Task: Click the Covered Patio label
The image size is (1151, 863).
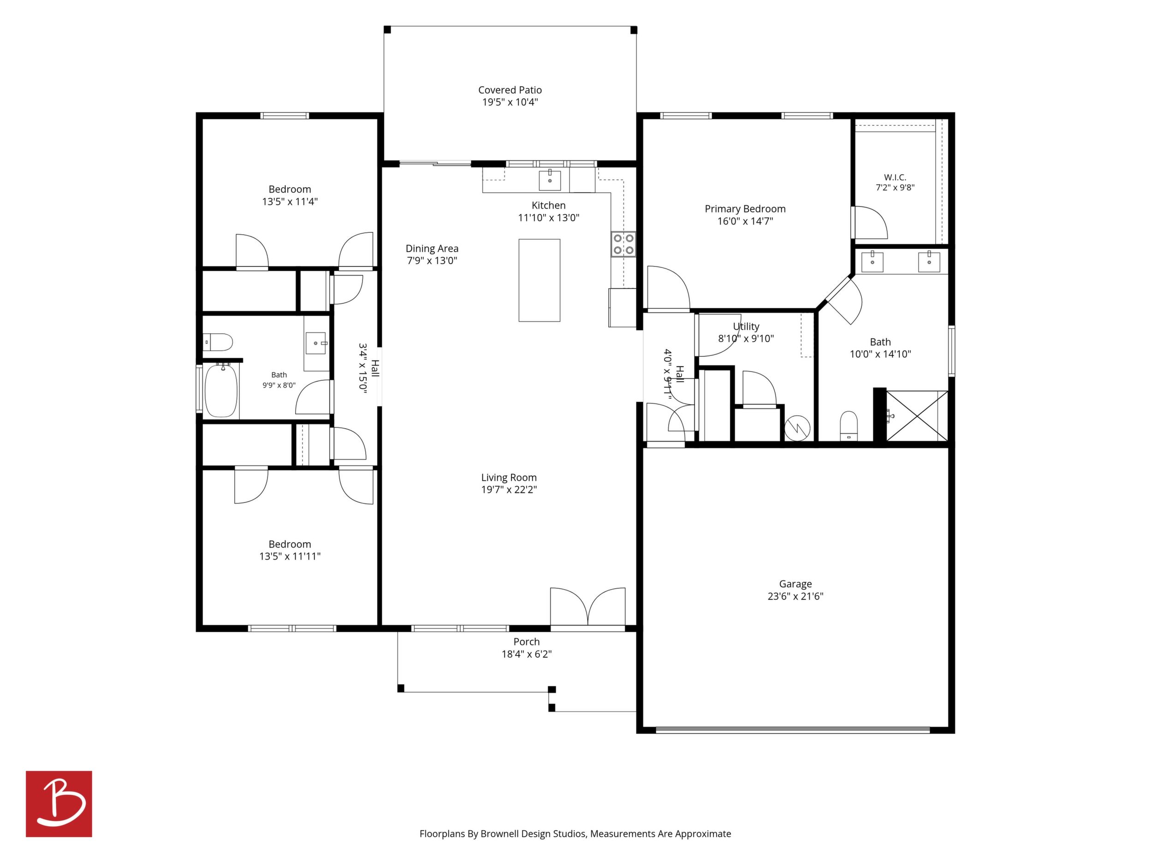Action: coord(510,90)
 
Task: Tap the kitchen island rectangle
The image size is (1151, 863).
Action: coord(539,280)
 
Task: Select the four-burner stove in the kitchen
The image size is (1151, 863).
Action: coord(623,244)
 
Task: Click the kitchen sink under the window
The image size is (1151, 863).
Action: coord(550,180)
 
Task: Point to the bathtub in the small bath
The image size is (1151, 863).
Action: coord(221,390)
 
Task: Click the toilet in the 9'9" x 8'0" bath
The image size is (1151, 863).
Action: coord(218,342)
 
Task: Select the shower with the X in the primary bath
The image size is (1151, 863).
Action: coord(916,416)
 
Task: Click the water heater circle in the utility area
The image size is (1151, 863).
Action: coord(797,428)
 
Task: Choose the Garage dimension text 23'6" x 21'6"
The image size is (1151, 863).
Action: coord(795,596)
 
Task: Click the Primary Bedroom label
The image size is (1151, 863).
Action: coord(745,208)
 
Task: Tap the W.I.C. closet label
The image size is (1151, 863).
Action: coord(895,177)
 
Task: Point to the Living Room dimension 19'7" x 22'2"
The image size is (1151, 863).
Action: coord(509,490)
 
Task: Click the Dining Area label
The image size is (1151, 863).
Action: coord(432,248)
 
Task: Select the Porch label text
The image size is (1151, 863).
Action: coord(527,642)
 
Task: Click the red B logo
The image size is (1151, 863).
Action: coord(59,804)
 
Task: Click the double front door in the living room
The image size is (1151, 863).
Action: coord(588,607)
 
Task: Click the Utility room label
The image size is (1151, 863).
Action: coord(746,326)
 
